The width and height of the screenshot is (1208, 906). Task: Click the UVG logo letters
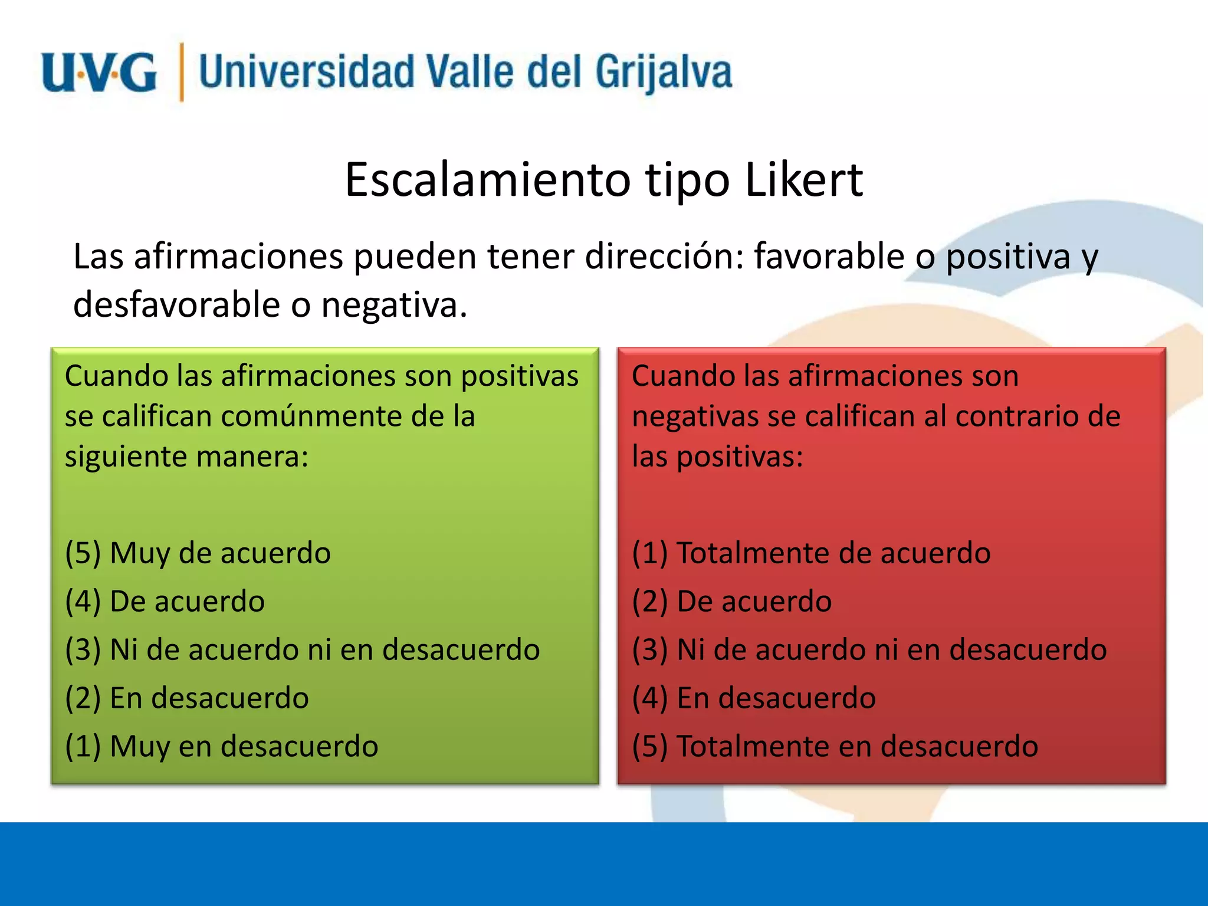[99, 73]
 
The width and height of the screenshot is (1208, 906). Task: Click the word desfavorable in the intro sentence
[176, 305]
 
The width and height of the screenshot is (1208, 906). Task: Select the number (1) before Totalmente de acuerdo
[649, 553]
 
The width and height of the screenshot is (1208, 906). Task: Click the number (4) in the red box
[649, 698]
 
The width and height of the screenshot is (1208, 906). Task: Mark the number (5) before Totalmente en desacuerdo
[649, 747]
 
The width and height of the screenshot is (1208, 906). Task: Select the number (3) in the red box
[649, 650]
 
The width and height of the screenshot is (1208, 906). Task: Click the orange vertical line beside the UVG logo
[182, 73]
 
